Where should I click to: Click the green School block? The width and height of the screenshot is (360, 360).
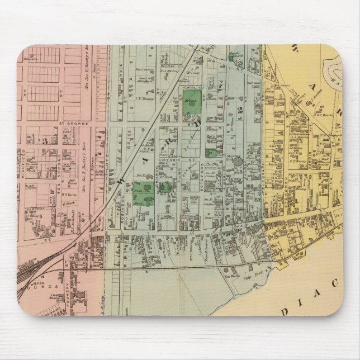pos(188,103)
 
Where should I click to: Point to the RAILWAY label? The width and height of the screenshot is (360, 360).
pos(168,65)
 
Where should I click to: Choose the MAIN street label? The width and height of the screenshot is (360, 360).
pos(246,228)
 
